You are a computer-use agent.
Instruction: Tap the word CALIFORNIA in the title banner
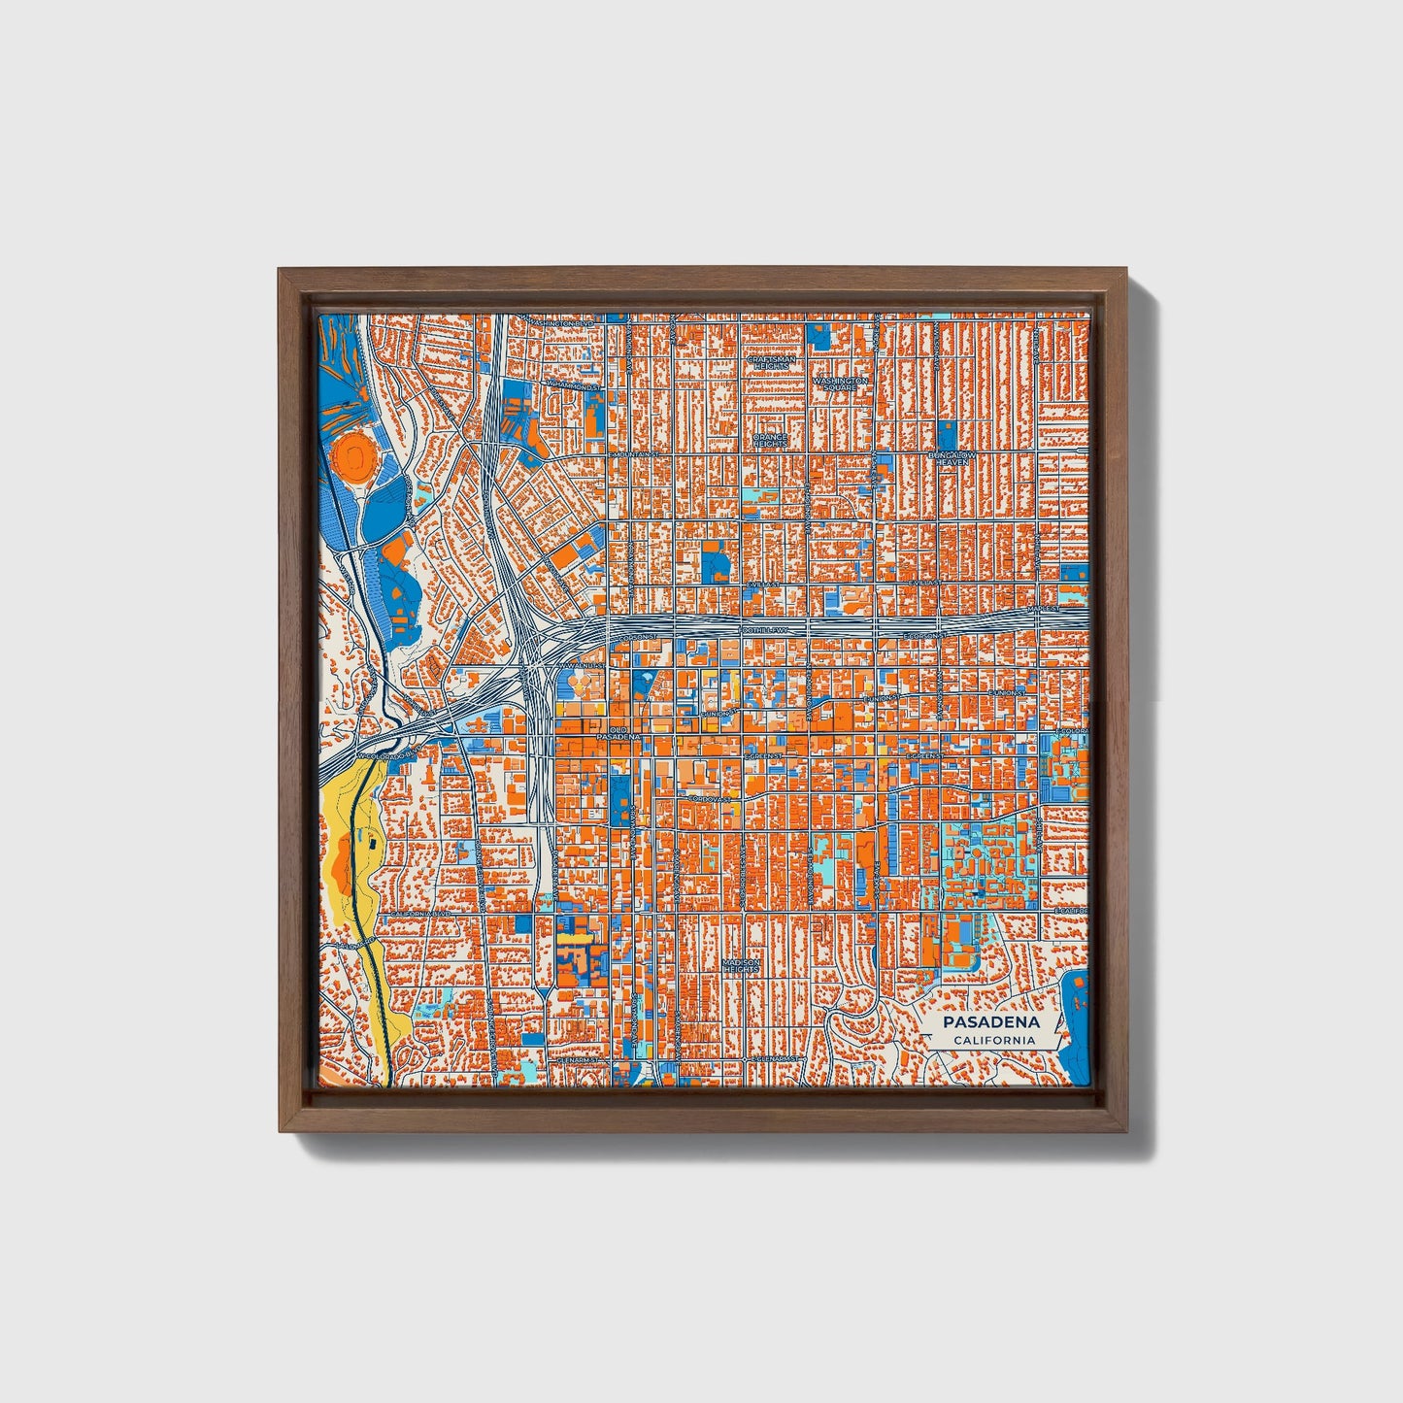pyautogui.click(x=991, y=1041)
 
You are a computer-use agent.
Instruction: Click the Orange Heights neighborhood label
pyautogui.click(x=770, y=442)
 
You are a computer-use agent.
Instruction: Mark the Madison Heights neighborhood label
pyautogui.click(x=740, y=966)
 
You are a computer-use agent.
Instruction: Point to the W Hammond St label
pyautogui.click(x=574, y=385)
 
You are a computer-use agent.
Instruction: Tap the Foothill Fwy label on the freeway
pyautogui.click(x=767, y=630)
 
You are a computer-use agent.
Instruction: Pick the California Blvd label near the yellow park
pyautogui.click(x=419, y=914)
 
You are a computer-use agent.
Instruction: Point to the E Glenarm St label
pyautogui.click(x=772, y=1058)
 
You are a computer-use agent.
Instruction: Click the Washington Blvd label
pyautogui.click(x=564, y=322)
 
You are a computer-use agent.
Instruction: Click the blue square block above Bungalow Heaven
pyautogui.click(x=948, y=434)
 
